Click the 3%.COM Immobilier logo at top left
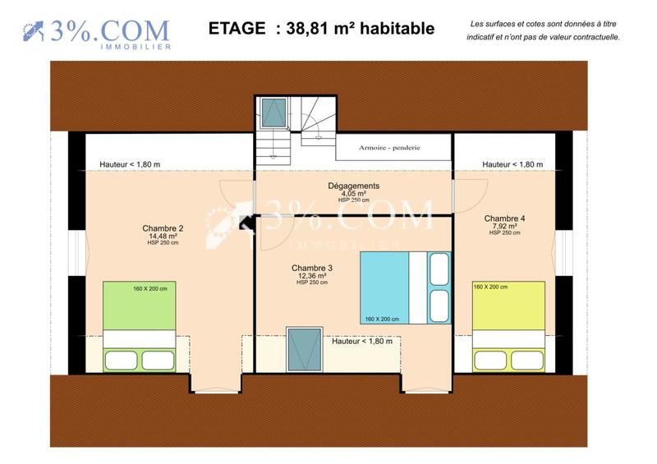[97, 33]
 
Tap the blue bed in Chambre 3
[405, 287]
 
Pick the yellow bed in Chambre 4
[508, 325]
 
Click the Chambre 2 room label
[162, 228]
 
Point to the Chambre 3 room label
[311, 268]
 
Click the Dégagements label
[353, 186]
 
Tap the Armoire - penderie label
[389, 148]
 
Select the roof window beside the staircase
[273, 112]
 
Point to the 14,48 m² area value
[162, 237]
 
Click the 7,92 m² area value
[504, 226]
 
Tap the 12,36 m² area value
[311, 276]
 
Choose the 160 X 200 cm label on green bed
[150, 288]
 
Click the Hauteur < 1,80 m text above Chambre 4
[512, 164]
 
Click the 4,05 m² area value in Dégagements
[353, 194]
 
